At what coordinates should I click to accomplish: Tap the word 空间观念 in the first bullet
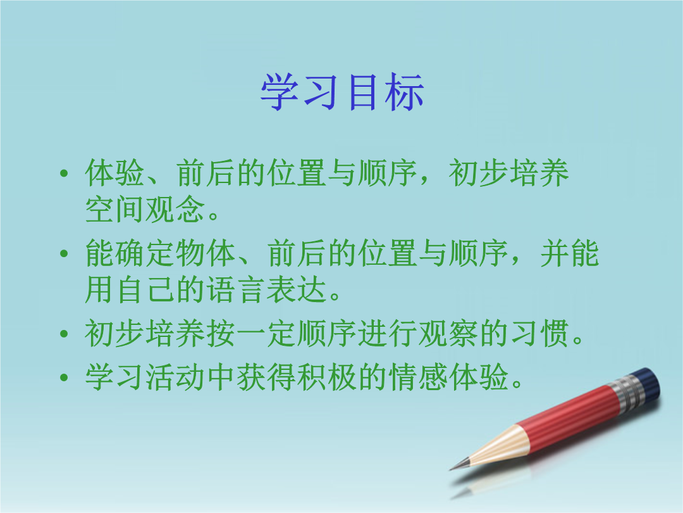[x=145, y=209]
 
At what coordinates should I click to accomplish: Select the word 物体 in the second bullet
[x=206, y=253]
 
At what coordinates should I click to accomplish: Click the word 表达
[x=296, y=290]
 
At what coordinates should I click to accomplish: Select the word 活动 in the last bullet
[x=175, y=377]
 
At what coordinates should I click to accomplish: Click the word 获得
[x=266, y=377]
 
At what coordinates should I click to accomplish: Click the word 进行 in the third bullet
[x=388, y=333]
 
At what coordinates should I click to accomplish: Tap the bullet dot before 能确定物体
[x=64, y=253]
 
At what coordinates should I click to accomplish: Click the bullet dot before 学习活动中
[x=64, y=377]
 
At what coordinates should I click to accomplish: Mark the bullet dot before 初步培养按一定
[x=64, y=334]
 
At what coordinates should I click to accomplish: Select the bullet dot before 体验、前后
[x=64, y=173]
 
